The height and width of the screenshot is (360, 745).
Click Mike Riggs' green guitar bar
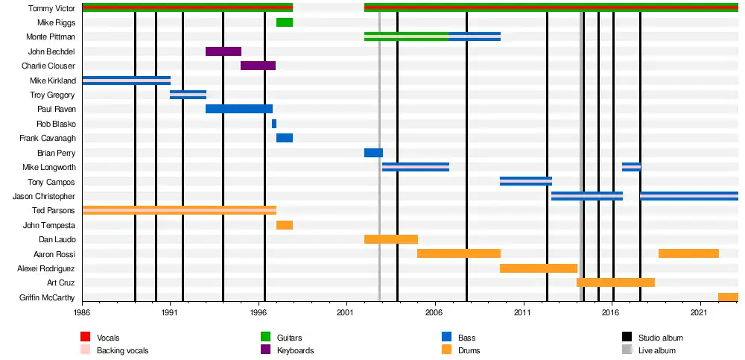[x=284, y=22]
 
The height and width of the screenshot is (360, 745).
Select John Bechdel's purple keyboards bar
[x=223, y=51]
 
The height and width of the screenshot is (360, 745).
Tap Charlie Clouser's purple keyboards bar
[x=258, y=66]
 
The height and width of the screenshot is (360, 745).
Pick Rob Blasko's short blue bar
[x=274, y=124]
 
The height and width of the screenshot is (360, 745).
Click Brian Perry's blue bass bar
[x=373, y=153]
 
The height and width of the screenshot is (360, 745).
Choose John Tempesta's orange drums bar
[x=284, y=225]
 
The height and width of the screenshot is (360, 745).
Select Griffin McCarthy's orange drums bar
[x=728, y=297]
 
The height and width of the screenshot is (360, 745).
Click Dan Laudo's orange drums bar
[x=390, y=239]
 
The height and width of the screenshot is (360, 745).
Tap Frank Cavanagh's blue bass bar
[x=284, y=138]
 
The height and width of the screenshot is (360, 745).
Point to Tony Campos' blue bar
[x=525, y=181]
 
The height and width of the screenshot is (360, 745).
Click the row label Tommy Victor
[x=51, y=8]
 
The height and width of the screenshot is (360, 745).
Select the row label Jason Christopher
[x=44, y=196]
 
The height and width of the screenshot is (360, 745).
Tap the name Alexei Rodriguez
[x=46, y=268]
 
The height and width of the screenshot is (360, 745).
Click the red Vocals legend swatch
[x=85, y=338]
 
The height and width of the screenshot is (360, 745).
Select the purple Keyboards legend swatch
[x=264, y=350]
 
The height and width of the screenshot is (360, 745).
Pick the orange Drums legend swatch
[x=447, y=350]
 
